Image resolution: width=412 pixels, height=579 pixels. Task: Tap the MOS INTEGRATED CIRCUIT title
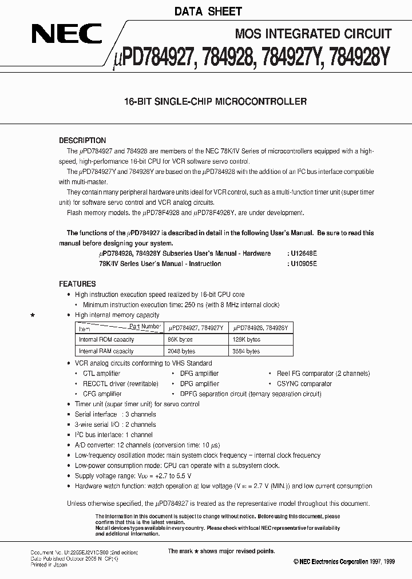[x=314, y=34]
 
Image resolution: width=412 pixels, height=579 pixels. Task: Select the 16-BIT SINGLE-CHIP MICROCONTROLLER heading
[x=216, y=102]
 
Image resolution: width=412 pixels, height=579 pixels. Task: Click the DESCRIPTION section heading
[x=82, y=141]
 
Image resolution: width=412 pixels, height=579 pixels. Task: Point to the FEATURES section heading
[x=77, y=284]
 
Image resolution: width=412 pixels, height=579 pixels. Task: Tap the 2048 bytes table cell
[x=181, y=351]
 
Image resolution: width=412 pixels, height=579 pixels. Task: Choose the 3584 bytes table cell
[x=246, y=351]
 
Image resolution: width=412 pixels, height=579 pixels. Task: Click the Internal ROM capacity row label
[x=106, y=339]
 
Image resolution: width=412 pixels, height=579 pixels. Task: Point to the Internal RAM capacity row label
[x=106, y=351]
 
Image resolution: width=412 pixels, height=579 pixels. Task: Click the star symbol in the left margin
[x=33, y=315]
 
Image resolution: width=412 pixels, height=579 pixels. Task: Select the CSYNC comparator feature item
[x=304, y=384]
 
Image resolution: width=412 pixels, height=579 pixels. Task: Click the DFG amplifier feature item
[x=199, y=374]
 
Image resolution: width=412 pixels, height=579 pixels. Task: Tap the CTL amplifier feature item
[x=101, y=374]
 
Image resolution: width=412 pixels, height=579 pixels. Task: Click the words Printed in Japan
[x=49, y=565]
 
